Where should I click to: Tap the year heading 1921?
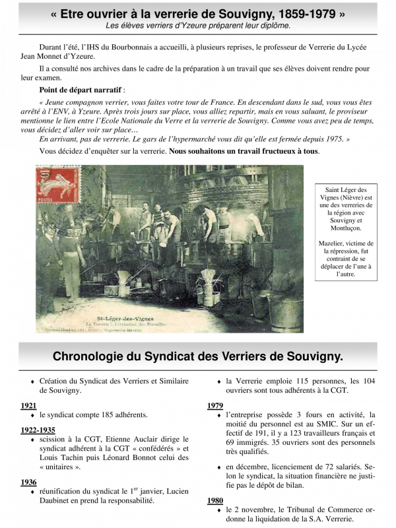(x=28, y=405)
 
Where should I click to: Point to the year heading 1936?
(x=28, y=482)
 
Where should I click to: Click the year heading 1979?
(x=215, y=405)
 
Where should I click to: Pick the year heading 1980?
(x=215, y=501)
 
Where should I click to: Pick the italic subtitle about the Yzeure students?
(x=198, y=25)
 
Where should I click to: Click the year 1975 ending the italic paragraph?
(x=334, y=139)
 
